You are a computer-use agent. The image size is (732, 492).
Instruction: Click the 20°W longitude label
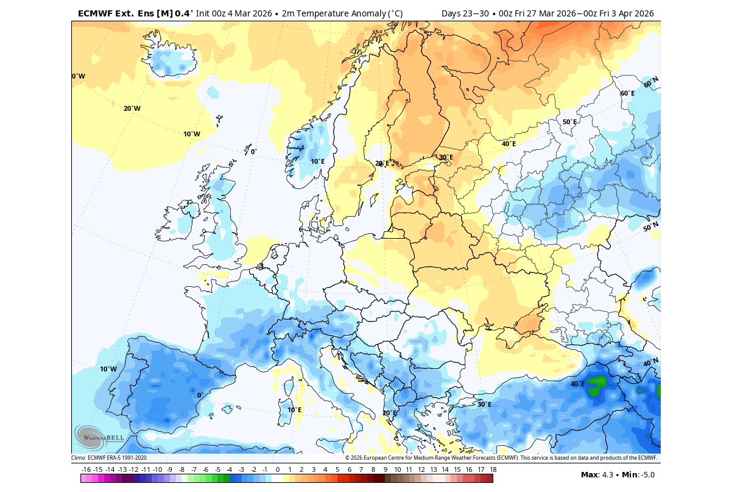pos(132,108)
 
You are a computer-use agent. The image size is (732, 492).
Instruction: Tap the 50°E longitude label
pos(569,122)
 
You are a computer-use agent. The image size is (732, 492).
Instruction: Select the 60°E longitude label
pos(627,93)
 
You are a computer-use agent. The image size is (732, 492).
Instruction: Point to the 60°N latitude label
pos(651,82)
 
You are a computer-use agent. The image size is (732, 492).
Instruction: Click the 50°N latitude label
pos(650,227)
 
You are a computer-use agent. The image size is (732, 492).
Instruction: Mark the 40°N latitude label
pos(650,362)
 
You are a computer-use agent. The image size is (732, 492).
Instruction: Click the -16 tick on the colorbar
pos(86,469)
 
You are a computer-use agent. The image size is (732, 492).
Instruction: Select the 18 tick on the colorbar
pos(493,469)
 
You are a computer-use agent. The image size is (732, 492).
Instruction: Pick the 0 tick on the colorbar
pos(278,469)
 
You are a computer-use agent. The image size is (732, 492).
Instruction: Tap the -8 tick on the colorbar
pos(181,469)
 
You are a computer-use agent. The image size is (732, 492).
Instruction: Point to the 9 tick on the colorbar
pos(385,469)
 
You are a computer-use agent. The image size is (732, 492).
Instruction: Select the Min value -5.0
pos(645,475)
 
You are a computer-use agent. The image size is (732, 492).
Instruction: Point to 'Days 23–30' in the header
pos(463,13)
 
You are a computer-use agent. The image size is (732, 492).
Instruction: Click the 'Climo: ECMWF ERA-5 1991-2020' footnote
pos(109,458)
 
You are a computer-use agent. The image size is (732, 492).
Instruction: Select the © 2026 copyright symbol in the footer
pos(348,458)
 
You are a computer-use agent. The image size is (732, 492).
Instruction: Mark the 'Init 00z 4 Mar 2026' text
pos(234,13)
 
